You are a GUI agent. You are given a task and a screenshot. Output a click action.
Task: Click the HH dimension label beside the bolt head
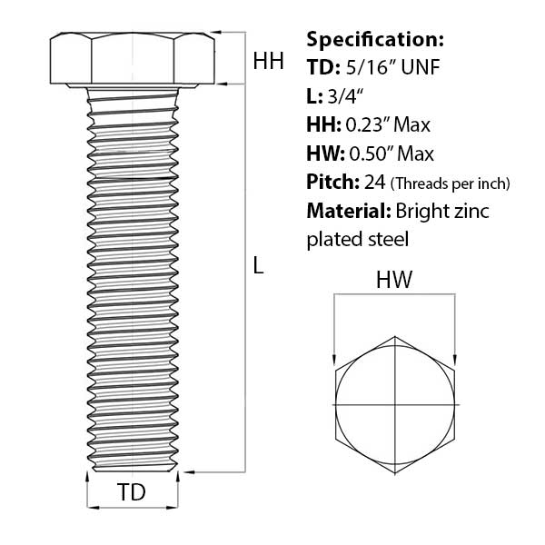268,61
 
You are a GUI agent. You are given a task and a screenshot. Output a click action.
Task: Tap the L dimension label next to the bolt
258,265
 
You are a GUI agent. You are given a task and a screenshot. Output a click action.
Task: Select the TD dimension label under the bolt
132,491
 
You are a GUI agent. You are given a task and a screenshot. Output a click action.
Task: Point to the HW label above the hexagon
394,280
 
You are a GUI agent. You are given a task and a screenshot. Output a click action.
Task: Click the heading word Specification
375,40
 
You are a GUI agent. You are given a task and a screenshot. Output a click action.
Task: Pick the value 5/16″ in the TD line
371,67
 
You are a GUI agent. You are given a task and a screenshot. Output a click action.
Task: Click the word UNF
421,67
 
